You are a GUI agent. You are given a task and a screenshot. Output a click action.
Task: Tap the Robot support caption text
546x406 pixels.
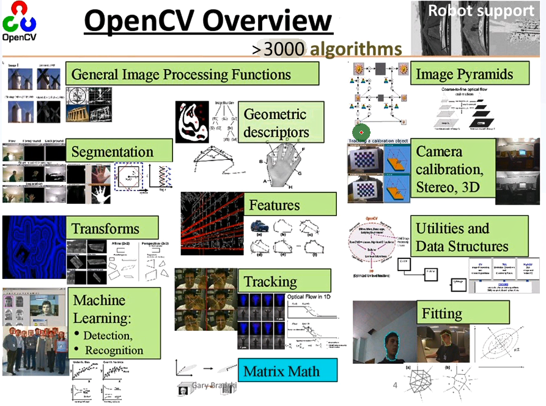tap(481, 10)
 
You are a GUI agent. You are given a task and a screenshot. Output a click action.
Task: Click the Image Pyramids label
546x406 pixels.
tap(463, 74)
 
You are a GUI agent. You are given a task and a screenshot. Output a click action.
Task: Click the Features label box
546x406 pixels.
tap(292, 205)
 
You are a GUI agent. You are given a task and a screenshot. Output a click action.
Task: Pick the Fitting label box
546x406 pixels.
tap(462, 314)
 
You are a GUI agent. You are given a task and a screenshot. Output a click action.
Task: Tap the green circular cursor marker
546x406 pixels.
tap(361, 132)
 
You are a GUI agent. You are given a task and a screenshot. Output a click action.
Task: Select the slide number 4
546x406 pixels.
tap(394, 385)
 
